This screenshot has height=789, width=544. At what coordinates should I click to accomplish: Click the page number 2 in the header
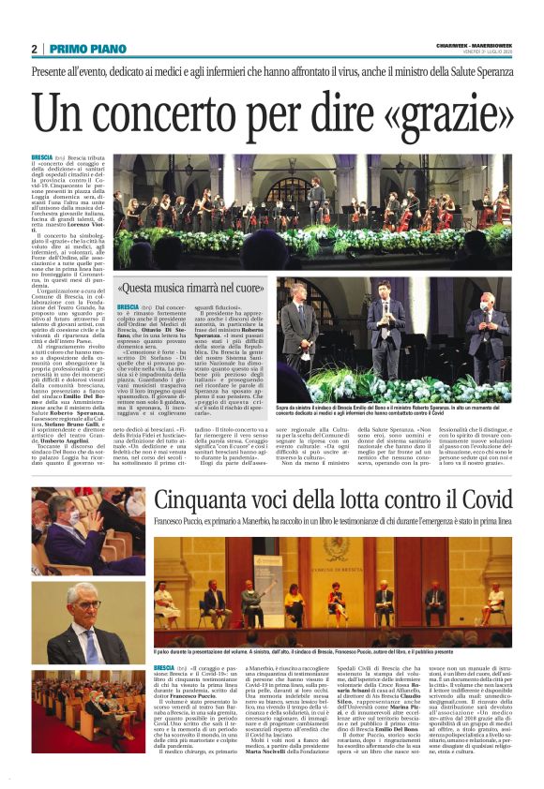pyautogui.click(x=35, y=50)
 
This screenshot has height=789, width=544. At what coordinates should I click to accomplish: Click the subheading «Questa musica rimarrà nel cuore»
pyautogui.click(x=191, y=290)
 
